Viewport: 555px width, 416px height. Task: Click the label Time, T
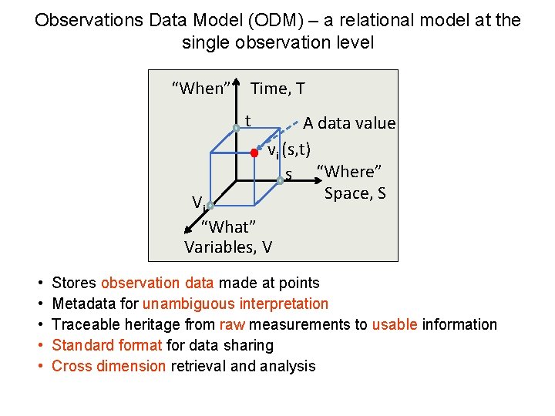(277, 89)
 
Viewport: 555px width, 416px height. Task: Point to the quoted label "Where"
(351, 171)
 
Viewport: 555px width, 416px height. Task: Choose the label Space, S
(355, 193)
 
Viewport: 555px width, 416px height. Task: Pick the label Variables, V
(228, 247)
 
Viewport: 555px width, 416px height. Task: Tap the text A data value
(348, 123)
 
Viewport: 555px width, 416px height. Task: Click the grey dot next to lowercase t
(238, 128)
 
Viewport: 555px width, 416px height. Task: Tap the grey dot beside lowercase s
(281, 181)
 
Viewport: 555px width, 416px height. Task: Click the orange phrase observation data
(157, 283)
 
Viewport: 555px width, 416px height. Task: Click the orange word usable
(394, 325)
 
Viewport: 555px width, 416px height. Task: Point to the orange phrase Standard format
(107, 346)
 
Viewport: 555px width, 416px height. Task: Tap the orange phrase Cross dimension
(109, 367)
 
